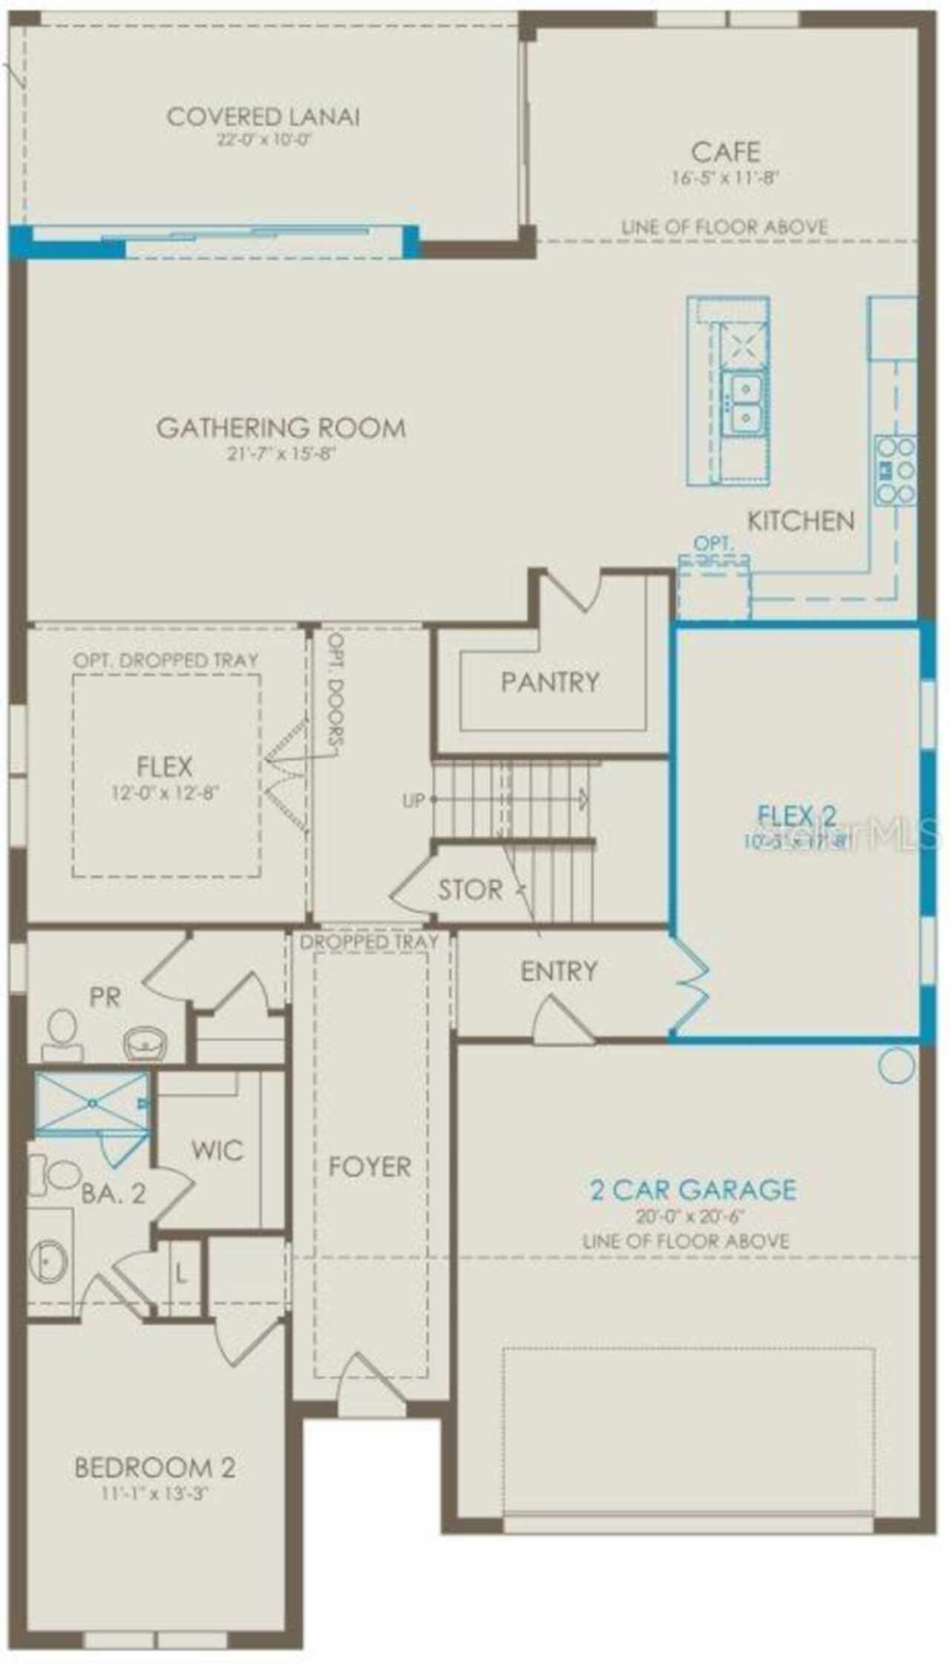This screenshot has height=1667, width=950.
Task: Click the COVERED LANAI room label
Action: [263, 117]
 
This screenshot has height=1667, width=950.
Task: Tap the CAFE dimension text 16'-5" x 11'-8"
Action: [725, 177]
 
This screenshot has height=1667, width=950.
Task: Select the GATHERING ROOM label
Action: [281, 428]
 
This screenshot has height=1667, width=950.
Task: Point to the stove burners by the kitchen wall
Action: [895, 470]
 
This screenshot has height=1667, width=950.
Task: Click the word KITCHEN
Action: [800, 521]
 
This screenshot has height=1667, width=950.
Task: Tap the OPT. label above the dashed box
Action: [712, 544]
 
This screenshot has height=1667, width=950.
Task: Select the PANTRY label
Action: [549, 681]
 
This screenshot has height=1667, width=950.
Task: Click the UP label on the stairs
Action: [413, 800]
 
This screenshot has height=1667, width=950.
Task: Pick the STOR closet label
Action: [470, 889]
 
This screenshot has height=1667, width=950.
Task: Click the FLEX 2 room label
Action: [796, 816]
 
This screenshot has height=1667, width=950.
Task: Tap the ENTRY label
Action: [558, 971]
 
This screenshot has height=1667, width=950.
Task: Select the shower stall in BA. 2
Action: [92, 1104]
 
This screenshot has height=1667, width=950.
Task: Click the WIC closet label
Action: [217, 1150]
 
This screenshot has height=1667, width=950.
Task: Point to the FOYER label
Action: [370, 1167]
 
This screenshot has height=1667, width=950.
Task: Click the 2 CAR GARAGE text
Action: [692, 1190]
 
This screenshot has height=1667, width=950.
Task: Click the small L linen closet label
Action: [180, 1274]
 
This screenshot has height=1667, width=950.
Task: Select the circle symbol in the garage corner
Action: [896, 1066]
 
